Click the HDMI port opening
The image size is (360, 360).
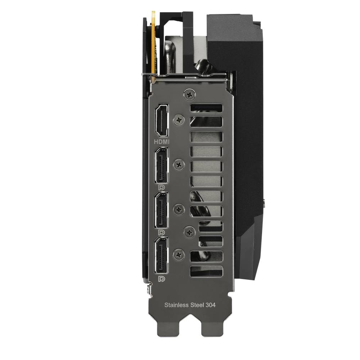click(x=162, y=120)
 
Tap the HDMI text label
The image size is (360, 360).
click(x=162, y=141)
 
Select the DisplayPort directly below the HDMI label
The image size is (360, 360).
click(x=161, y=165)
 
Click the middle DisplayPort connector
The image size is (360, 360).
click(x=161, y=210)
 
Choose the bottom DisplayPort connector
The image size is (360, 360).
click(x=161, y=255)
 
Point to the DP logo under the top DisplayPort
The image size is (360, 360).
click(x=162, y=187)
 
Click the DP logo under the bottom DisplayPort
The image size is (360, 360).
click(x=162, y=279)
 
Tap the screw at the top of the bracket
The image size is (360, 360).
click(x=190, y=94)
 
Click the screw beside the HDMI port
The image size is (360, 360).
click(x=179, y=120)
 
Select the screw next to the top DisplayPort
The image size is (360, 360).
click(x=179, y=165)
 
